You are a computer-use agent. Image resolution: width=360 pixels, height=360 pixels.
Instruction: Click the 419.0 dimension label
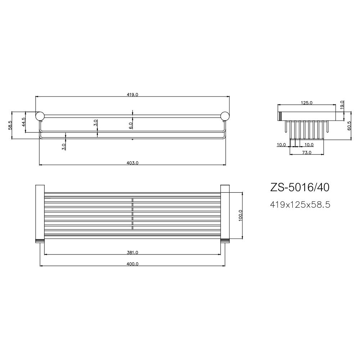132,94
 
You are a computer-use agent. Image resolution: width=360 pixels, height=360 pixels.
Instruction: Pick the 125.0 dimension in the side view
306,103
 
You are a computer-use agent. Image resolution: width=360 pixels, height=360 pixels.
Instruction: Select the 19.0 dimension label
342,104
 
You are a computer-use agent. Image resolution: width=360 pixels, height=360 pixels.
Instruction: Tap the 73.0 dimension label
307,153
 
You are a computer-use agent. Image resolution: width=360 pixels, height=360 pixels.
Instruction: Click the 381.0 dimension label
132,252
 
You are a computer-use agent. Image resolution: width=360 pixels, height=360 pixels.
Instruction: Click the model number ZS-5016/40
300,188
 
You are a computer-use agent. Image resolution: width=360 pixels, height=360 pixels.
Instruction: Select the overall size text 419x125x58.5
300,205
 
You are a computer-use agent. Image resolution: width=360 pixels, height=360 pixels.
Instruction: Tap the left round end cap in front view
40,116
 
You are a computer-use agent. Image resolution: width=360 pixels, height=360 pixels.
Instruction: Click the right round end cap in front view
225,116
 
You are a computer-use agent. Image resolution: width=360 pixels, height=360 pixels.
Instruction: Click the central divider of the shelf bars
132,214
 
